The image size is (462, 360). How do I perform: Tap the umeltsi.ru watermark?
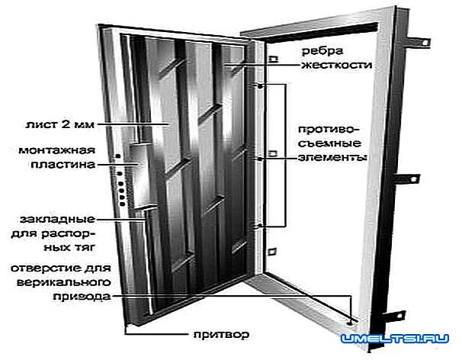[398, 337]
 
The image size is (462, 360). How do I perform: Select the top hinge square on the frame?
[272, 58]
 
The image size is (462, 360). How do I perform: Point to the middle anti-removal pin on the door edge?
[262, 159]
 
